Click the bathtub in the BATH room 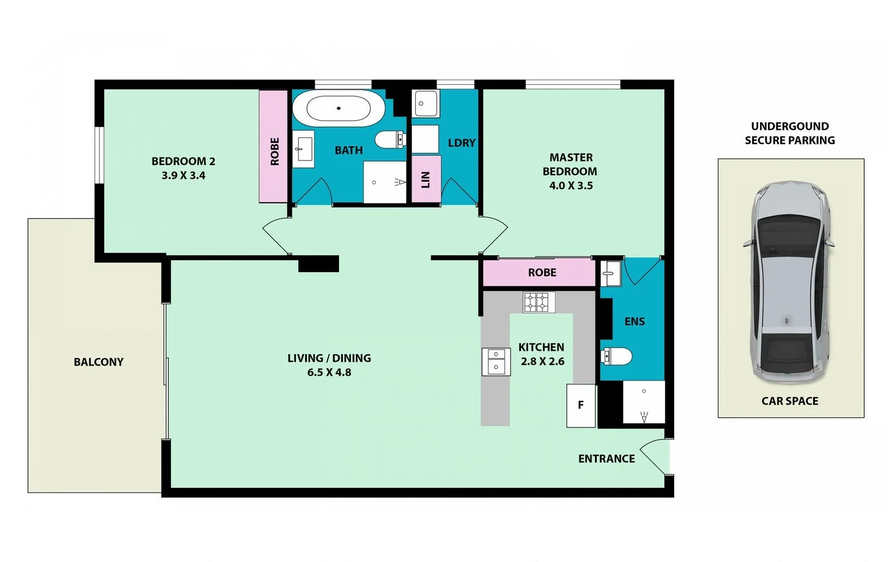coord(338,107)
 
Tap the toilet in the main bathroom coord(389,139)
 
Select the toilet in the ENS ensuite coord(617,356)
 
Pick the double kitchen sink coord(496,361)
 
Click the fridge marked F coord(581,406)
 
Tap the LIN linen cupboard coord(426,179)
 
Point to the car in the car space coord(789,281)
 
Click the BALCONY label coord(98,362)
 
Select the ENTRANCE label coord(606,459)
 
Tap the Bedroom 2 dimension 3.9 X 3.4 coord(183,176)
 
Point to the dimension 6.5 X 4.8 coord(329,372)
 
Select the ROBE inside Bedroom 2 coord(274,147)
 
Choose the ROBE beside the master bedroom coord(541,273)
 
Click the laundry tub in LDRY coord(425,103)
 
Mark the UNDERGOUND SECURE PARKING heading coord(789,133)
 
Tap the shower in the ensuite coord(644,402)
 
